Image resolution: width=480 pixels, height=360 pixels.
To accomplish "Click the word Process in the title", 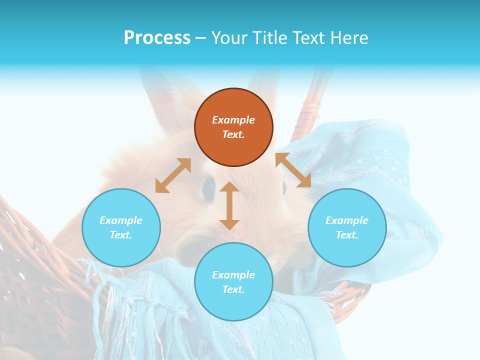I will [157, 38].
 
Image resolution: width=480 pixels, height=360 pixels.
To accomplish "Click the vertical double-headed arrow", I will [229, 205].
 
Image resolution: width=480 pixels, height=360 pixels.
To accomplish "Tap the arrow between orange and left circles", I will [173, 175].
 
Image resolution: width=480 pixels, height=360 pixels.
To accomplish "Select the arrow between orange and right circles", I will [293, 170].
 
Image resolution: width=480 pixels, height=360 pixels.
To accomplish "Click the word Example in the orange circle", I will [233, 120].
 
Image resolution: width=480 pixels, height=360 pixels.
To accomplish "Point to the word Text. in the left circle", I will [121, 235].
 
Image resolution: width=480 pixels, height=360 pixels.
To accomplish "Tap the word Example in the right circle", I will [347, 220].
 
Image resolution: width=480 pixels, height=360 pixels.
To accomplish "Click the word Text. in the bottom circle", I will [233, 289].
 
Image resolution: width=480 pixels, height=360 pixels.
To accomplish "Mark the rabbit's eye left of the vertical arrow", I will [208, 187].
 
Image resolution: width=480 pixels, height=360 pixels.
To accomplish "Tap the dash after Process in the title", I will [201, 38].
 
